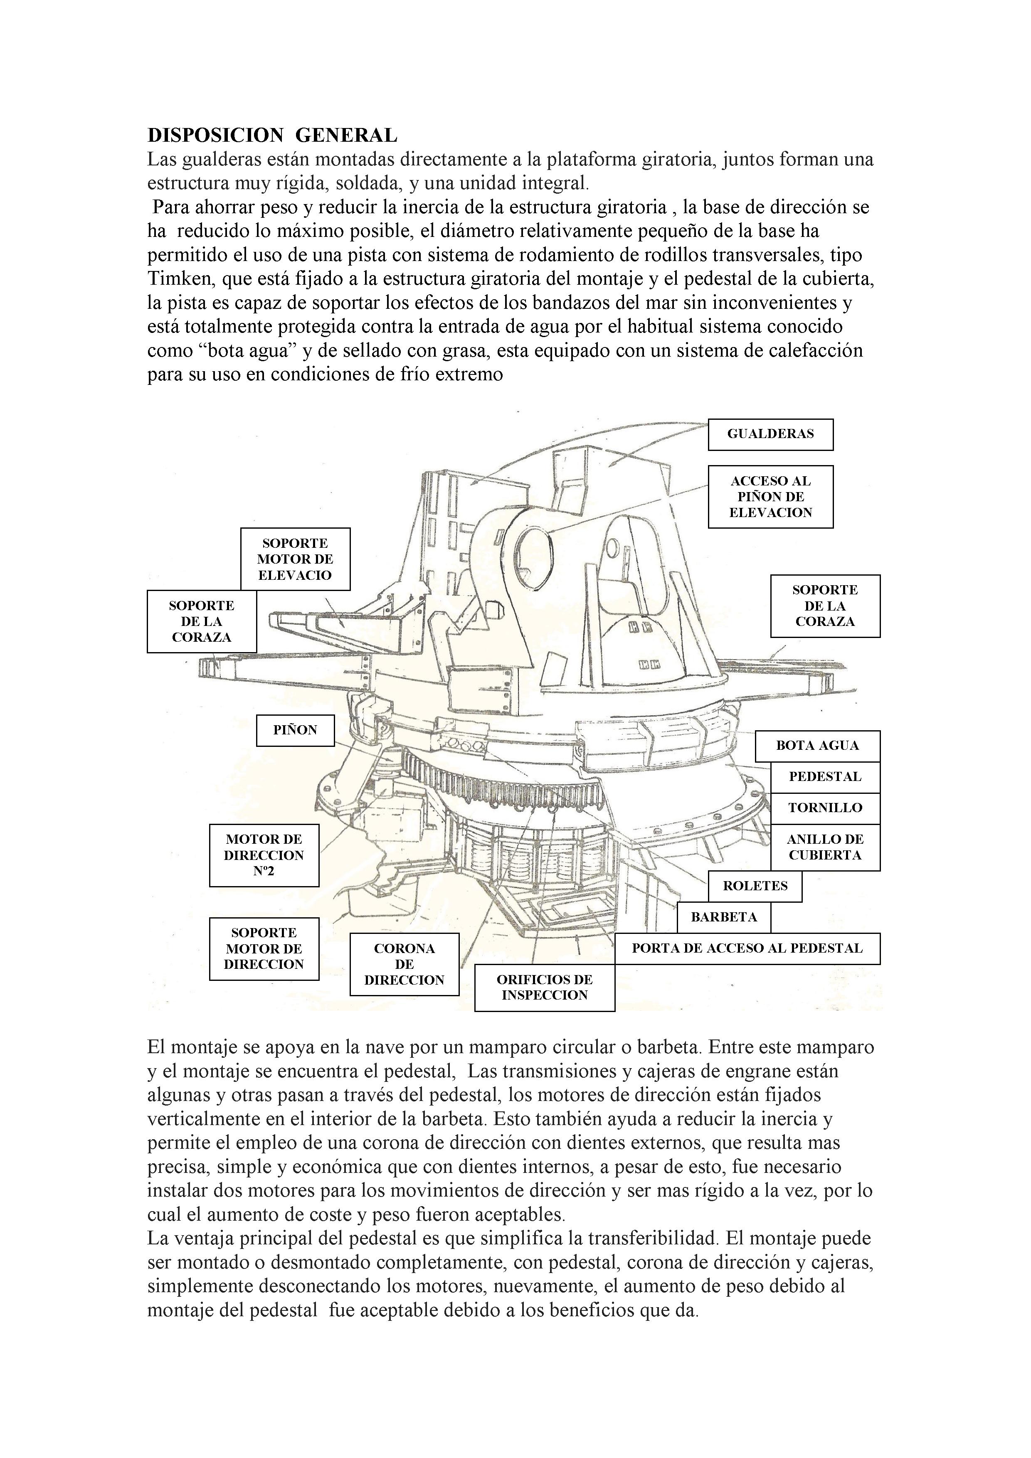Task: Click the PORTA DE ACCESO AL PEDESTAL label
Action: (x=747, y=948)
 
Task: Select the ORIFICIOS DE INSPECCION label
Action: (x=545, y=988)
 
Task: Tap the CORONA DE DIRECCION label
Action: (x=404, y=964)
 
